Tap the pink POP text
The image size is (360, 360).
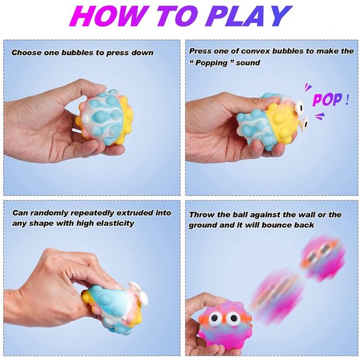327,99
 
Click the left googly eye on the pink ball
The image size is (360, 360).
215,318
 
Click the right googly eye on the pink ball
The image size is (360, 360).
232,318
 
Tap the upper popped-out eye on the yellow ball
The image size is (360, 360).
299,106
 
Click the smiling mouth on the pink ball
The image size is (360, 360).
224,336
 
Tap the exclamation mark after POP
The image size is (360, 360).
347,99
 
